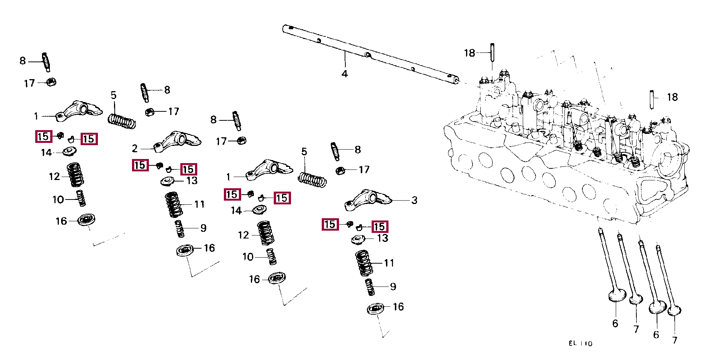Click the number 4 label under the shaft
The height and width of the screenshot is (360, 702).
pyautogui.click(x=345, y=74)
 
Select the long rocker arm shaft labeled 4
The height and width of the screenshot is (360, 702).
pyautogui.click(x=371, y=54)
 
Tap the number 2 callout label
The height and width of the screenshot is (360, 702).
pyautogui.click(x=135, y=148)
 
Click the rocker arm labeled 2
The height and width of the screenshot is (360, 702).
pyautogui.click(x=177, y=142)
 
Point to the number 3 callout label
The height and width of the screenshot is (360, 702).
pyautogui.click(x=414, y=200)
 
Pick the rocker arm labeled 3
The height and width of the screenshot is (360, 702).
pyautogui.click(x=368, y=200)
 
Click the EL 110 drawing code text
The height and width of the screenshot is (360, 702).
pyautogui.click(x=580, y=343)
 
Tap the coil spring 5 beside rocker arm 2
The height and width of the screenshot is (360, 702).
pyautogui.click(x=122, y=121)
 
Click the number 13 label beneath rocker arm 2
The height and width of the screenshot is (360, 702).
pyautogui.click(x=192, y=181)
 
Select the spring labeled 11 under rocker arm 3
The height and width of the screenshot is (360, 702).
pyautogui.click(x=364, y=263)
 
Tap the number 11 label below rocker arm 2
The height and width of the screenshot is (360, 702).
pyautogui.click(x=199, y=204)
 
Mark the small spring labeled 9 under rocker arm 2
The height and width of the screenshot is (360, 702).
pyautogui.click(x=180, y=228)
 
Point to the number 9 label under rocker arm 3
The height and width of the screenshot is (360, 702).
pyautogui.click(x=393, y=287)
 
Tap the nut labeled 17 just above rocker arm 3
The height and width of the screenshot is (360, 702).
pyautogui.click(x=340, y=170)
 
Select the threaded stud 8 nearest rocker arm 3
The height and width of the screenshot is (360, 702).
pyautogui.click(x=335, y=151)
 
